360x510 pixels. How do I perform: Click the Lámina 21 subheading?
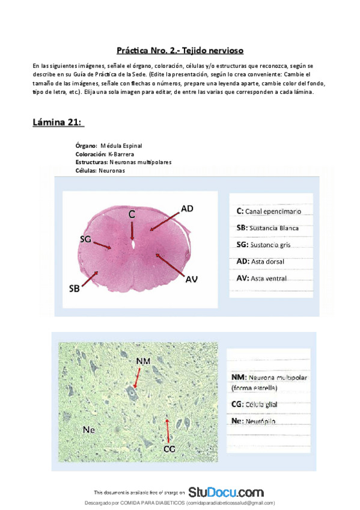[x=58, y=123]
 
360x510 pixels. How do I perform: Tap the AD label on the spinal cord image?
[x=187, y=209]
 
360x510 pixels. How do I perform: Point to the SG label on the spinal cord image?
[x=85, y=239]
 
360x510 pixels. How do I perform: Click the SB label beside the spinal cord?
[x=74, y=288]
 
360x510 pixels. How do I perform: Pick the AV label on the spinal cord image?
[x=191, y=278]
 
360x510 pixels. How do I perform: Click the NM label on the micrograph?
[x=143, y=361]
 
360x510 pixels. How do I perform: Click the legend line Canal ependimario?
[x=269, y=212]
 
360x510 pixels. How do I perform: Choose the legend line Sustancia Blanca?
[x=267, y=229]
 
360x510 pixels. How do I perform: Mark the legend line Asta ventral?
[x=261, y=278]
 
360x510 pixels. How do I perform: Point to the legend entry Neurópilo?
[x=253, y=421]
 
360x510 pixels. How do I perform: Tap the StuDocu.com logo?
[x=225, y=492]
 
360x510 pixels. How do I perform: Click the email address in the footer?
[x=230, y=503]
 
